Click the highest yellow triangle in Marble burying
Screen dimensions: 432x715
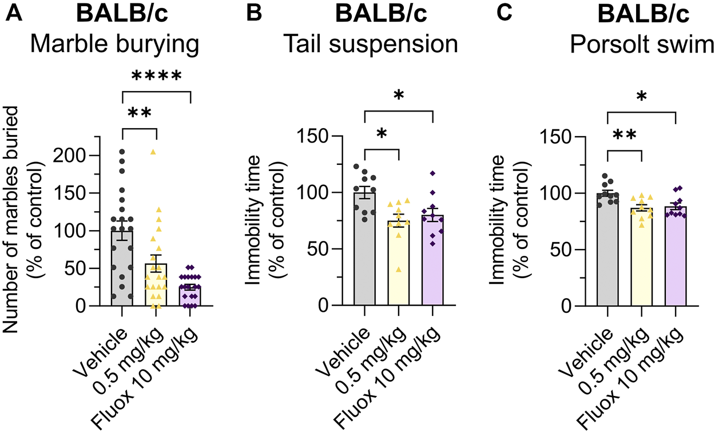point(153,152)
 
